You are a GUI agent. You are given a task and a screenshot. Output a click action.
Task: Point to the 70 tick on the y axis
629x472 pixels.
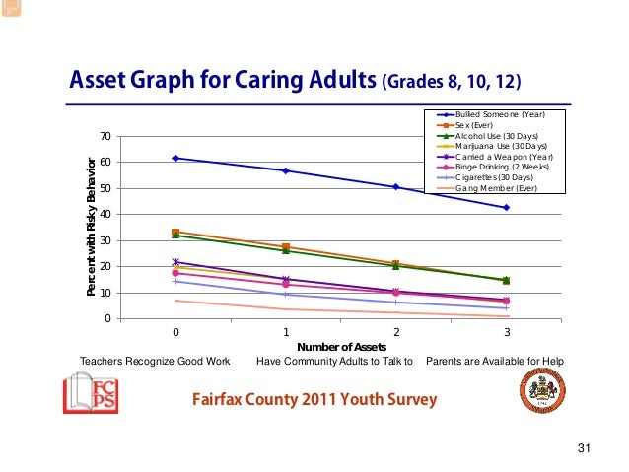[104, 136]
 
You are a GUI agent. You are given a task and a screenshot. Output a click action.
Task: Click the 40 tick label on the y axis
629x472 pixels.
[104, 214]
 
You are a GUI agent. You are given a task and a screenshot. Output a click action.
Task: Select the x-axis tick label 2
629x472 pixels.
[395, 332]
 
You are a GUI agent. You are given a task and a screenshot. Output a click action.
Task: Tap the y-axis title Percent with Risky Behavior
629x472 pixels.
[90, 227]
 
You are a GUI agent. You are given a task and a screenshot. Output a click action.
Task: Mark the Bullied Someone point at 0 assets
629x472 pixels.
[175, 158]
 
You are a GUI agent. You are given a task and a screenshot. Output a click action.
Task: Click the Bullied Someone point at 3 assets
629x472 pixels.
[506, 207]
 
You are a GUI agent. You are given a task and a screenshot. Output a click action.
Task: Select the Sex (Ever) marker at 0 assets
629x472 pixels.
[175, 232]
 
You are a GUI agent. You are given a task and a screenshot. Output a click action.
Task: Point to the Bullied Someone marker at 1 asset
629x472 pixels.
[286, 170]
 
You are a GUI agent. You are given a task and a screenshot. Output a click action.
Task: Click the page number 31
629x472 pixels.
[583, 450]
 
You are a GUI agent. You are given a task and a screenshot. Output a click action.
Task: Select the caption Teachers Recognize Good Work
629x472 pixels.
[148, 361]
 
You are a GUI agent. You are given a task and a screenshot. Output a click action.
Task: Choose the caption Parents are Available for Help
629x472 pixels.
[496, 361]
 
